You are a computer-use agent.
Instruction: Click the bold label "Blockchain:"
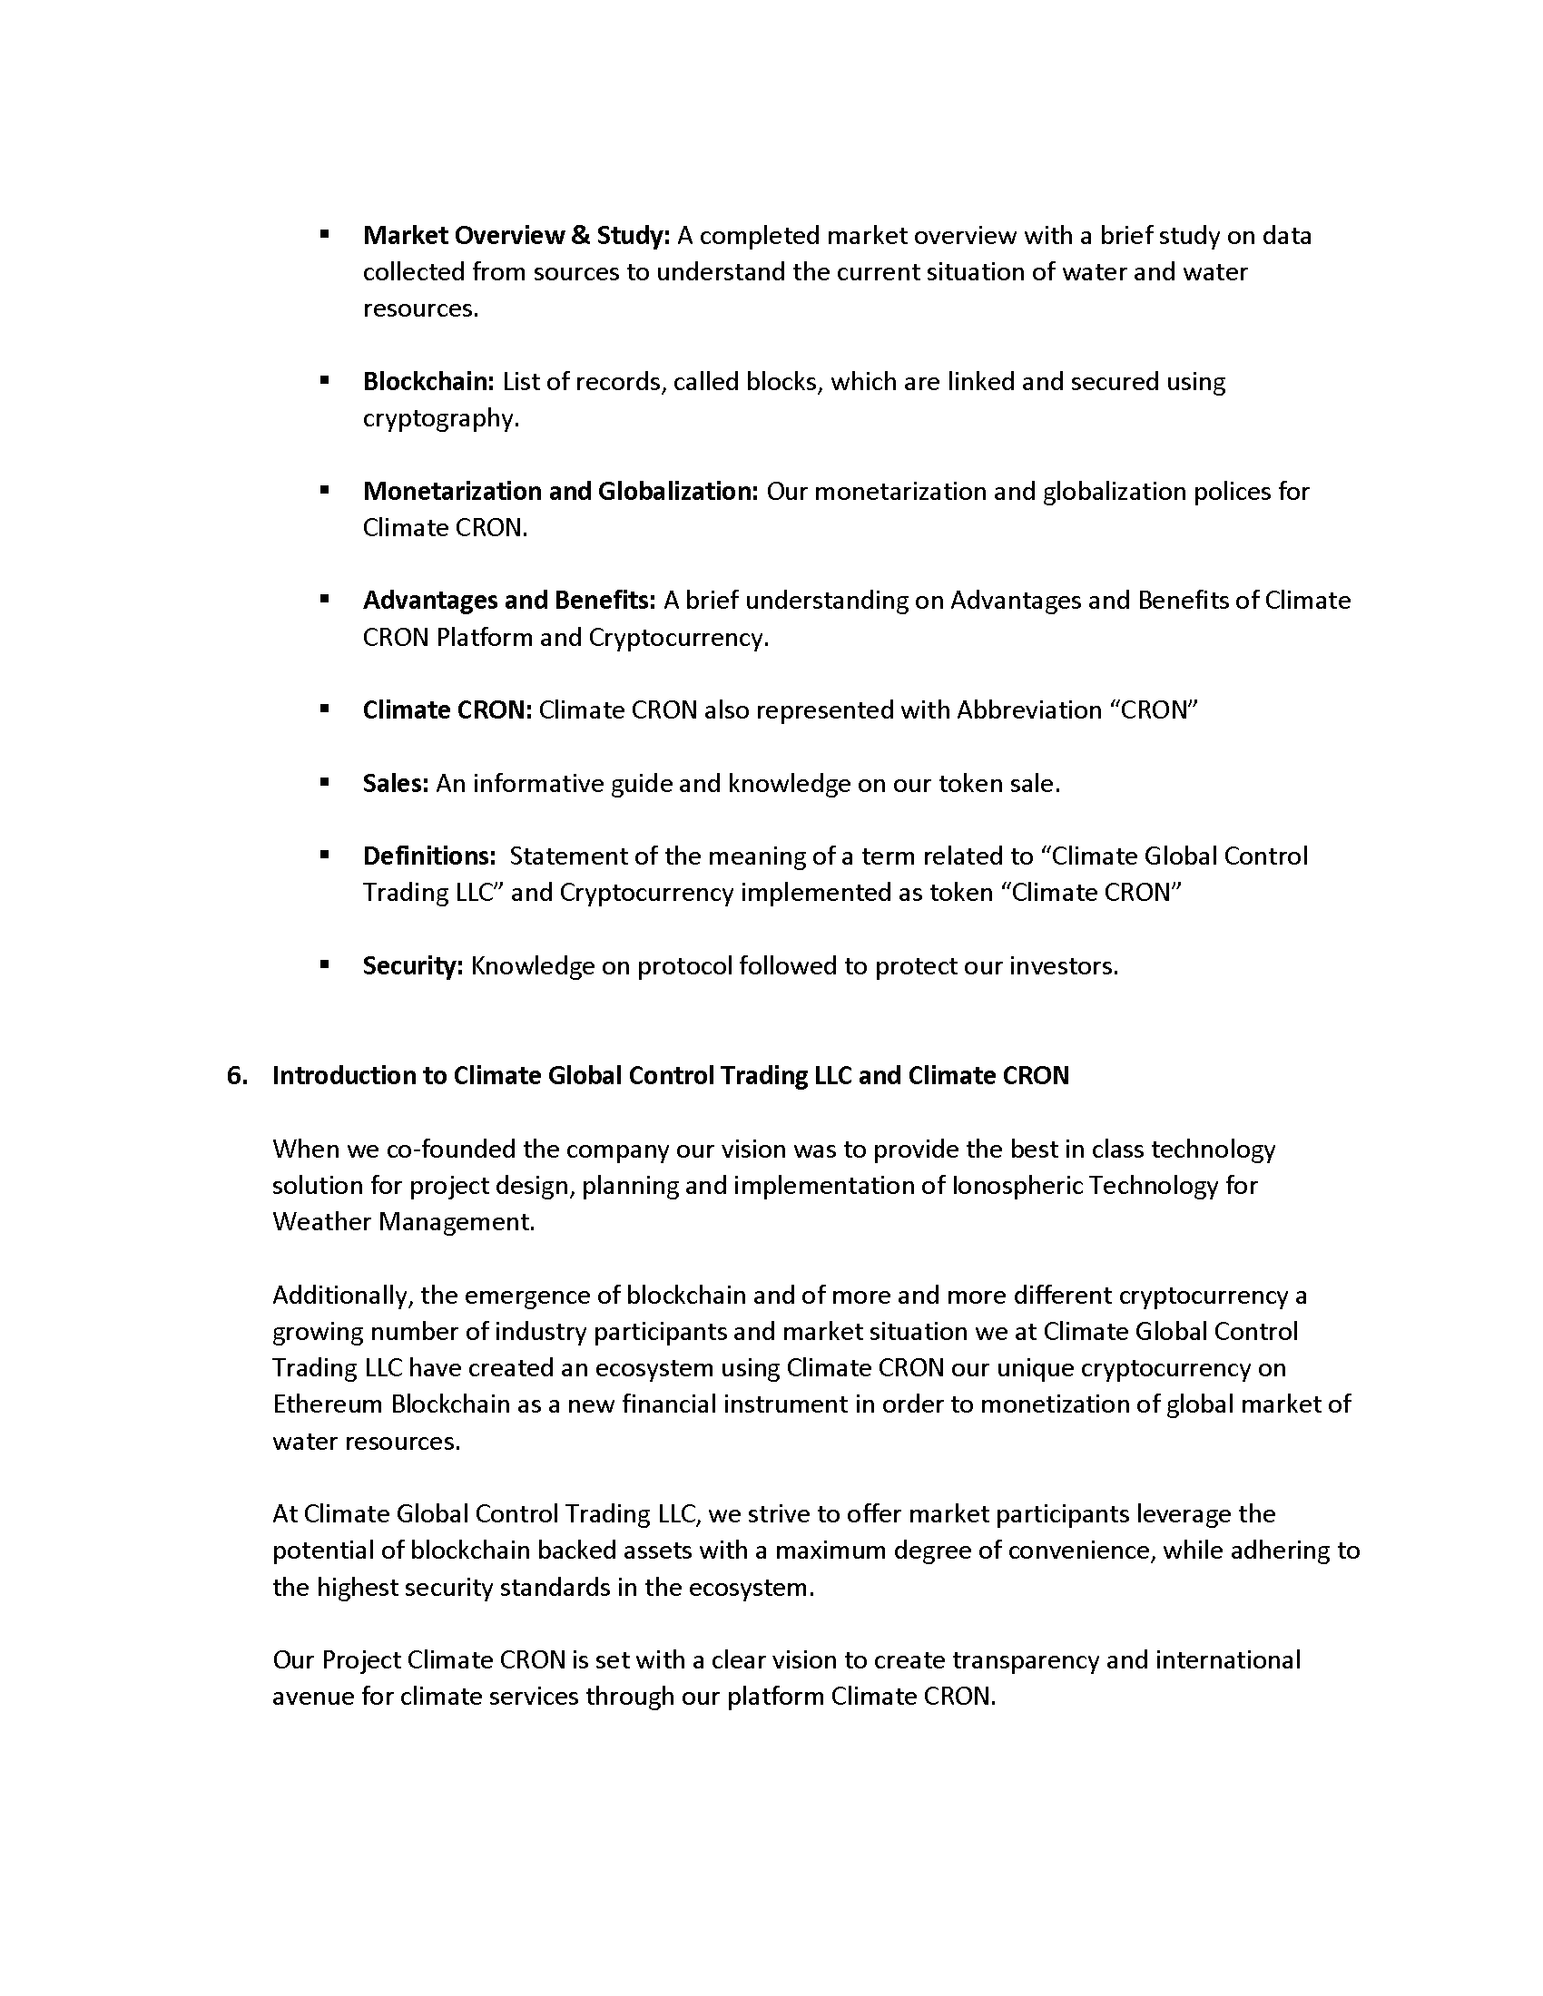(428, 381)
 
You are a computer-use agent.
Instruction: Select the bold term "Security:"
(412, 965)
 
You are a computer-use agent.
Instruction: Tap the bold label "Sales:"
(395, 783)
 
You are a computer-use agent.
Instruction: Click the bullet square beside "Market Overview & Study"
(325, 235)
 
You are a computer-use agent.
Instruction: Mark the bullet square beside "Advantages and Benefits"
(325, 600)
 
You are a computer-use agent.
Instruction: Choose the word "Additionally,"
(344, 1295)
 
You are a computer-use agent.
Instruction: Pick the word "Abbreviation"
(1028, 710)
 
